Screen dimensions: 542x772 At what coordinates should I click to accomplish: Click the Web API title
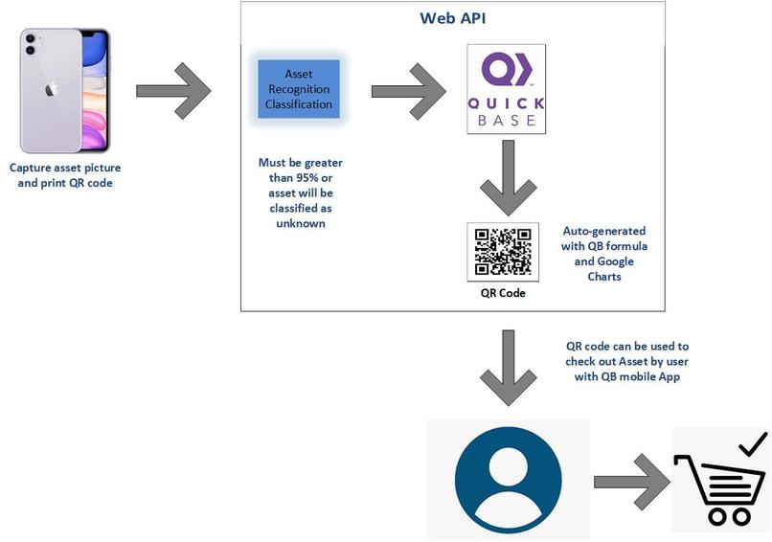452,18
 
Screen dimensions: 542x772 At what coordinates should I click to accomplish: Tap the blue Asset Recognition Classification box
299,89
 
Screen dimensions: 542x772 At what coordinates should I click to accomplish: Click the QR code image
503,251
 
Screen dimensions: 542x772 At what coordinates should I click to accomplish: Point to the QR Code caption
503,293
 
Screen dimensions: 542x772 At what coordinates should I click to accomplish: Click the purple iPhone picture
65,90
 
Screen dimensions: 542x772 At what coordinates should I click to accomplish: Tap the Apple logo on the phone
51,89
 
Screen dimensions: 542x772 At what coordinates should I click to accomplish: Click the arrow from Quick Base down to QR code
506,179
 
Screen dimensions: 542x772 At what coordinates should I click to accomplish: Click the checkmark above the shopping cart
753,442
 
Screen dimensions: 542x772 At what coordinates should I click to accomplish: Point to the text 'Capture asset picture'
65,168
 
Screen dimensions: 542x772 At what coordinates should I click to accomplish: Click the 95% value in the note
280,177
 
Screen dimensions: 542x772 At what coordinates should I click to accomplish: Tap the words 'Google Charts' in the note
603,269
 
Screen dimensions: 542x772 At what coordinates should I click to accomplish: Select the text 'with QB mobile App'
627,376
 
